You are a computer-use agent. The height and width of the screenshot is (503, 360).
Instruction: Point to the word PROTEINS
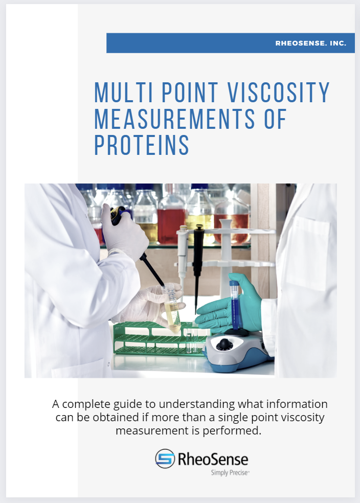142,145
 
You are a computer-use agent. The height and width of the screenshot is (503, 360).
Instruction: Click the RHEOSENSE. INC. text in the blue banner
311,43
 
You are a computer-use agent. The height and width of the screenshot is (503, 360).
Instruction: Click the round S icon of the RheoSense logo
165,459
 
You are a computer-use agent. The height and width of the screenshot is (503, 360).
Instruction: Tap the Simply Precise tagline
230,473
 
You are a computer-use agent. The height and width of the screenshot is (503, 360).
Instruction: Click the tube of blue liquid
235,307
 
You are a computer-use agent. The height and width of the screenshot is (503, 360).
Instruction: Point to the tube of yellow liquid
172,307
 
